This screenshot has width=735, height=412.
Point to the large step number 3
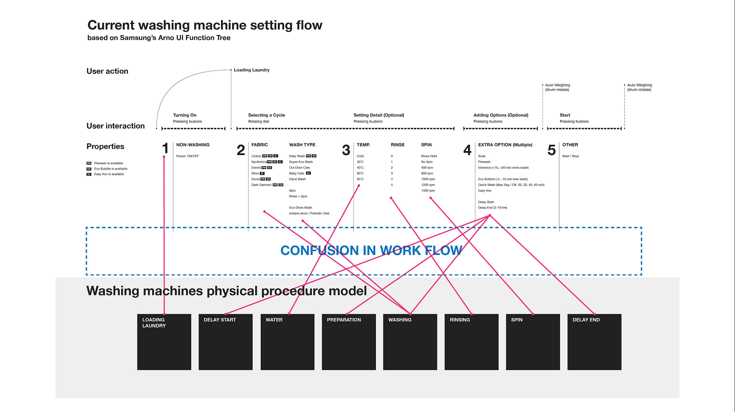click(x=346, y=150)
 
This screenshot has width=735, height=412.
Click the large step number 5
click(x=552, y=150)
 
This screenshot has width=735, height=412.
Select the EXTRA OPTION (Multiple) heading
click(x=505, y=145)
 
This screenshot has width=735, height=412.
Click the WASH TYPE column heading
click(x=302, y=145)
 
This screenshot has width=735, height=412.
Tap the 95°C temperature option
click(x=360, y=179)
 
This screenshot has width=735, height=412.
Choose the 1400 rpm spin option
click(x=428, y=191)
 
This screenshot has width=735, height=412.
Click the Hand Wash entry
click(x=297, y=179)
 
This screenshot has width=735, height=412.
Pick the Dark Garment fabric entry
click(x=261, y=185)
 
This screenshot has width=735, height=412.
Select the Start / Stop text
click(x=570, y=156)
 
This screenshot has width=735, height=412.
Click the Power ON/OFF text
click(x=188, y=156)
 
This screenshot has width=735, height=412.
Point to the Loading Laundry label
click(x=251, y=70)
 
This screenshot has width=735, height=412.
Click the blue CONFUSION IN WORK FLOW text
click(x=371, y=251)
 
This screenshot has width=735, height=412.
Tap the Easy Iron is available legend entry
click(x=109, y=174)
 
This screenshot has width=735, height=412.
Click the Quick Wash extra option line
click(x=511, y=185)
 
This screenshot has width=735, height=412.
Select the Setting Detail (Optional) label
click(x=379, y=115)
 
